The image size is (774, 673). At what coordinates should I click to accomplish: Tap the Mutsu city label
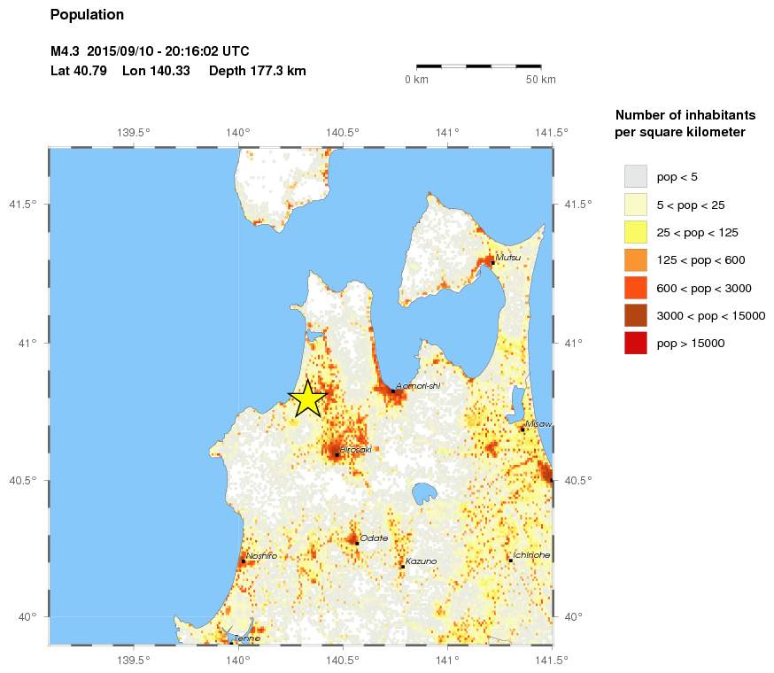click(507, 258)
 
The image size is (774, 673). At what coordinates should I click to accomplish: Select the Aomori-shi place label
click(417, 385)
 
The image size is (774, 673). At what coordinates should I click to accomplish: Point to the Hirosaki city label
click(355, 449)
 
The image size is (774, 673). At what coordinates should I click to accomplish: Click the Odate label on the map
click(374, 538)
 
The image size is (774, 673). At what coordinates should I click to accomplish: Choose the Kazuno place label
click(421, 561)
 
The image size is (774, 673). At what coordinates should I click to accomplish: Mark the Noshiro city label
click(261, 555)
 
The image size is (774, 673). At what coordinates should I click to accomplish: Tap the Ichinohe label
click(532, 555)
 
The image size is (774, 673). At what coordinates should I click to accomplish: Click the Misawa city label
click(538, 424)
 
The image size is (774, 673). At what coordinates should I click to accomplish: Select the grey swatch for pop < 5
click(636, 176)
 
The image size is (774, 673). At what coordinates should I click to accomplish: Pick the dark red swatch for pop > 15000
click(636, 343)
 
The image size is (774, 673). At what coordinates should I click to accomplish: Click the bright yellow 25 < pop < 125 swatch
click(636, 232)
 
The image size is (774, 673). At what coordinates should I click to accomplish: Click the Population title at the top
click(87, 15)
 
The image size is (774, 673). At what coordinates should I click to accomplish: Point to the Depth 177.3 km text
click(258, 71)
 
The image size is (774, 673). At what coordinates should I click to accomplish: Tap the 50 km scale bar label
click(540, 80)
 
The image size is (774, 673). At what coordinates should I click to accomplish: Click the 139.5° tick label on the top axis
click(133, 133)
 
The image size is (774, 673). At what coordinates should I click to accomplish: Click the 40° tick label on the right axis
click(573, 617)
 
